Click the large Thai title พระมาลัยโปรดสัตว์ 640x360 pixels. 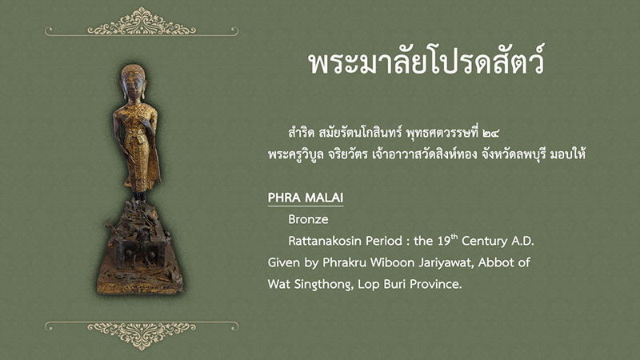click(426, 62)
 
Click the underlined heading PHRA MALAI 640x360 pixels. click(306, 198)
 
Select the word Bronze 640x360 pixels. click(308, 219)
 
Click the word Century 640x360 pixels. click(485, 241)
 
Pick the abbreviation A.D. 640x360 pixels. click(522, 241)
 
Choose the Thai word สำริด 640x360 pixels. click(302, 133)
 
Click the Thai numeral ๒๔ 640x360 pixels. click(490, 134)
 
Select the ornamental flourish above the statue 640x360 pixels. click(142, 22)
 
